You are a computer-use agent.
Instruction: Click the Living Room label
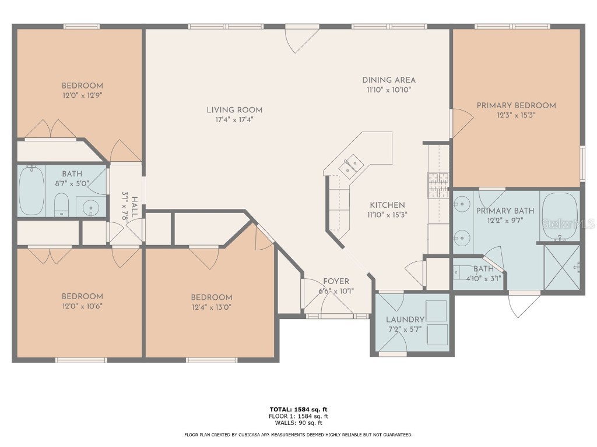(234, 110)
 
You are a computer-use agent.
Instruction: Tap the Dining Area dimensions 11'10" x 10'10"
(389, 90)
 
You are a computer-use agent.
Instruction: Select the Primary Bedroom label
(516, 105)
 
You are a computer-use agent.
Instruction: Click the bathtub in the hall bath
(31, 190)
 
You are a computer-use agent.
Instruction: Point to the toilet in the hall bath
(61, 205)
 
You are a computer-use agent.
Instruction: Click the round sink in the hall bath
(90, 207)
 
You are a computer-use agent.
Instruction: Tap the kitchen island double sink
(352, 167)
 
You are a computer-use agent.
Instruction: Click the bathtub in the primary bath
(559, 217)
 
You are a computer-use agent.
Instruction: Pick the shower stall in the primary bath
(561, 267)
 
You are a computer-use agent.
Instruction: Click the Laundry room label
(405, 320)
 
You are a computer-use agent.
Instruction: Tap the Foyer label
(336, 282)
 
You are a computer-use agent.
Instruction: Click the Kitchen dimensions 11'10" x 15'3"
(387, 214)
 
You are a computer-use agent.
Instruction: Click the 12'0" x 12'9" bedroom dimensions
(82, 95)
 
